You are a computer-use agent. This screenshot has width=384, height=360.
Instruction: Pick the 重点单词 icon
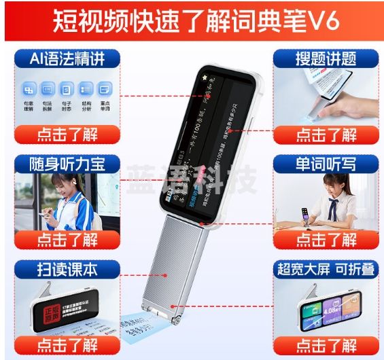point(104,92)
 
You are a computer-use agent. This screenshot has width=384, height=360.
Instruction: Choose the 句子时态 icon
point(67,92)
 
